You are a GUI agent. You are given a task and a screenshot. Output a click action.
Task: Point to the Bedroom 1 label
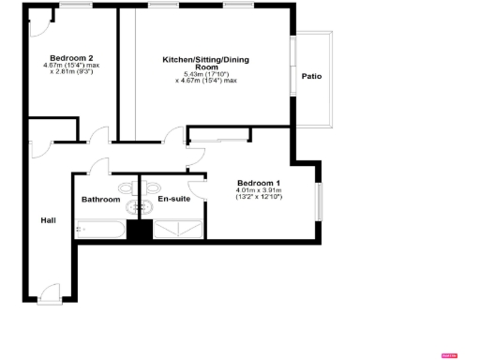coord(258,182)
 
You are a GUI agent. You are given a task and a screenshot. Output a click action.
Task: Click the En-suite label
coord(171,200)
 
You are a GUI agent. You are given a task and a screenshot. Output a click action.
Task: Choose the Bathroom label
coord(100,200)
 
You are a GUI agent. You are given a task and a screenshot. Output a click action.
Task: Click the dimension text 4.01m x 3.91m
coord(260,190)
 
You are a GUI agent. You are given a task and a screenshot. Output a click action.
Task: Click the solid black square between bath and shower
coord(140,231)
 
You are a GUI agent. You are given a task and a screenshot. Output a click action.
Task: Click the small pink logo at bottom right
coord(449,353)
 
